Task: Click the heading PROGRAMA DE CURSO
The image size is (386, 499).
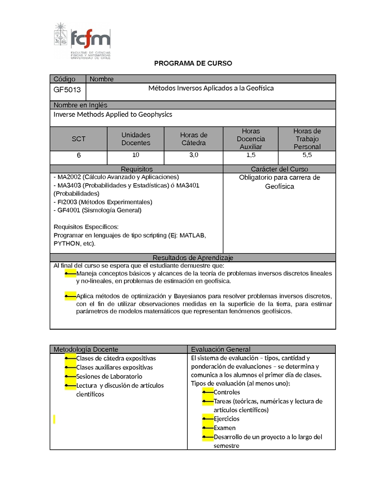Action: click(x=193, y=64)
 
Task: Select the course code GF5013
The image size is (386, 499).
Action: click(x=67, y=90)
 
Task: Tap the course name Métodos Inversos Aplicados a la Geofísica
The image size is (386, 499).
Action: click(x=211, y=88)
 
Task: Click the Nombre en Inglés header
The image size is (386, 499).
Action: click(x=81, y=105)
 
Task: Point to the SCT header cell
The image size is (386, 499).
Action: click(x=79, y=139)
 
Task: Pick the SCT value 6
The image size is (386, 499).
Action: click(x=79, y=155)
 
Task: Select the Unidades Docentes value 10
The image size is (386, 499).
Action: click(x=136, y=155)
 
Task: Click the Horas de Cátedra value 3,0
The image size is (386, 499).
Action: click(x=193, y=155)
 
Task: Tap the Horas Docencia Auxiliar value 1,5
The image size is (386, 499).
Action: click(x=251, y=155)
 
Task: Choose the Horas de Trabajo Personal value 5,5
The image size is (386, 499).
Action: click(x=307, y=155)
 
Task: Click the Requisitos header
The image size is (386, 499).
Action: click(x=137, y=169)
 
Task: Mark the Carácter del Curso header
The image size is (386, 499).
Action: click(x=279, y=169)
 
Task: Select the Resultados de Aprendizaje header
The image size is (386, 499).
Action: click(x=193, y=258)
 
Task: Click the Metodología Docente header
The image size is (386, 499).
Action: click(x=86, y=350)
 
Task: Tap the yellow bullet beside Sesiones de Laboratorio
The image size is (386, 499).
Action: click(x=70, y=377)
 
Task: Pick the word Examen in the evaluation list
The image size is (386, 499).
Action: click(x=225, y=428)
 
